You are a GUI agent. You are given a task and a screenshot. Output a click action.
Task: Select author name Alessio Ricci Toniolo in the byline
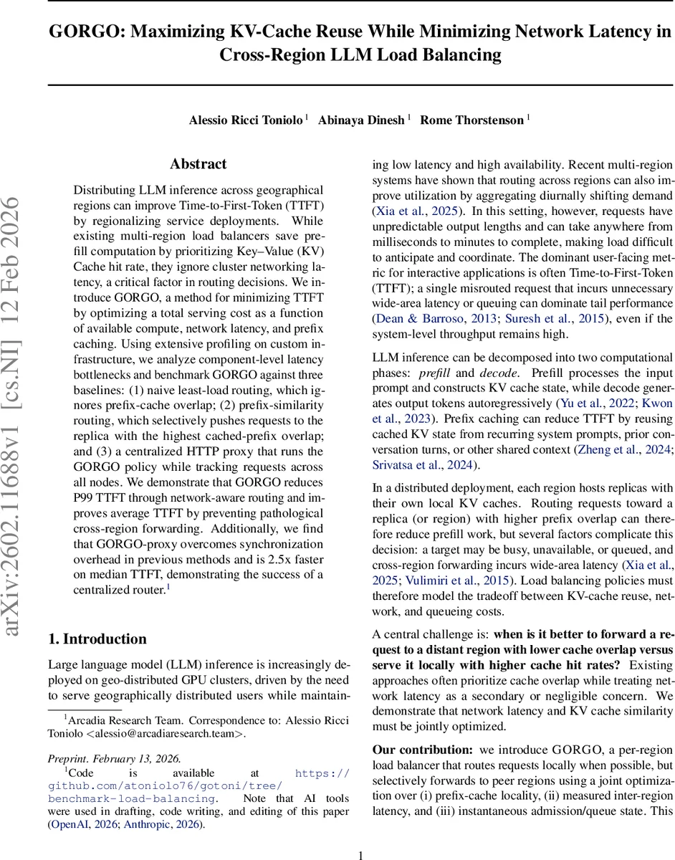pyautogui.click(x=245, y=120)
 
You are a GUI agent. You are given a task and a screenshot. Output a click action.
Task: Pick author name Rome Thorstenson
pyautogui.click(x=471, y=120)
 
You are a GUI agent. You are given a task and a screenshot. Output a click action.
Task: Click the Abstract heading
pyautogui.click(x=198, y=164)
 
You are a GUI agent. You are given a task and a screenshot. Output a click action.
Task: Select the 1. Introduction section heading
pyautogui.click(x=97, y=639)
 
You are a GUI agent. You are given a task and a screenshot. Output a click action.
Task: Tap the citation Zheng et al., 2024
pyautogui.click(x=621, y=450)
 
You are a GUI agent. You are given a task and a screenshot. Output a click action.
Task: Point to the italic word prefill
pyautogui.click(x=434, y=373)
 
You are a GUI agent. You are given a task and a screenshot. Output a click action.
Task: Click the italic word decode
pyautogui.click(x=497, y=373)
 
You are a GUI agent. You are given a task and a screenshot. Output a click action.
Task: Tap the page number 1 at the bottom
pyautogui.click(x=361, y=854)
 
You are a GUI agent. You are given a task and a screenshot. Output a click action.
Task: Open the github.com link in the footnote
pyautogui.click(x=198, y=785)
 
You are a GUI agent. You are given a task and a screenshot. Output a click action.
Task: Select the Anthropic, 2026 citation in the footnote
pyautogui.click(x=163, y=824)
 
